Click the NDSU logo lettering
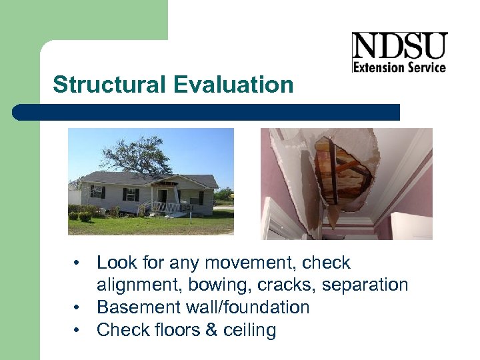[x=399, y=46]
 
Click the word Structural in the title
[x=109, y=85]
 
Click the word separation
[x=365, y=285]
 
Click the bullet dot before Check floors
[x=78, y=330]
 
